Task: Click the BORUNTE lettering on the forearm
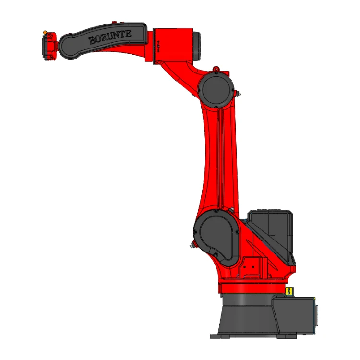click(x=110, y=37)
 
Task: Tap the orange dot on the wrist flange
click(x=45, y=33)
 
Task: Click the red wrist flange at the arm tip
click(x=49, y=46)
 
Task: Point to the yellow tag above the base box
click(x=288, y=291)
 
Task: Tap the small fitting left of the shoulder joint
click(x=192, y=246)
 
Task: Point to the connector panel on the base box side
click(x=315, y=314)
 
